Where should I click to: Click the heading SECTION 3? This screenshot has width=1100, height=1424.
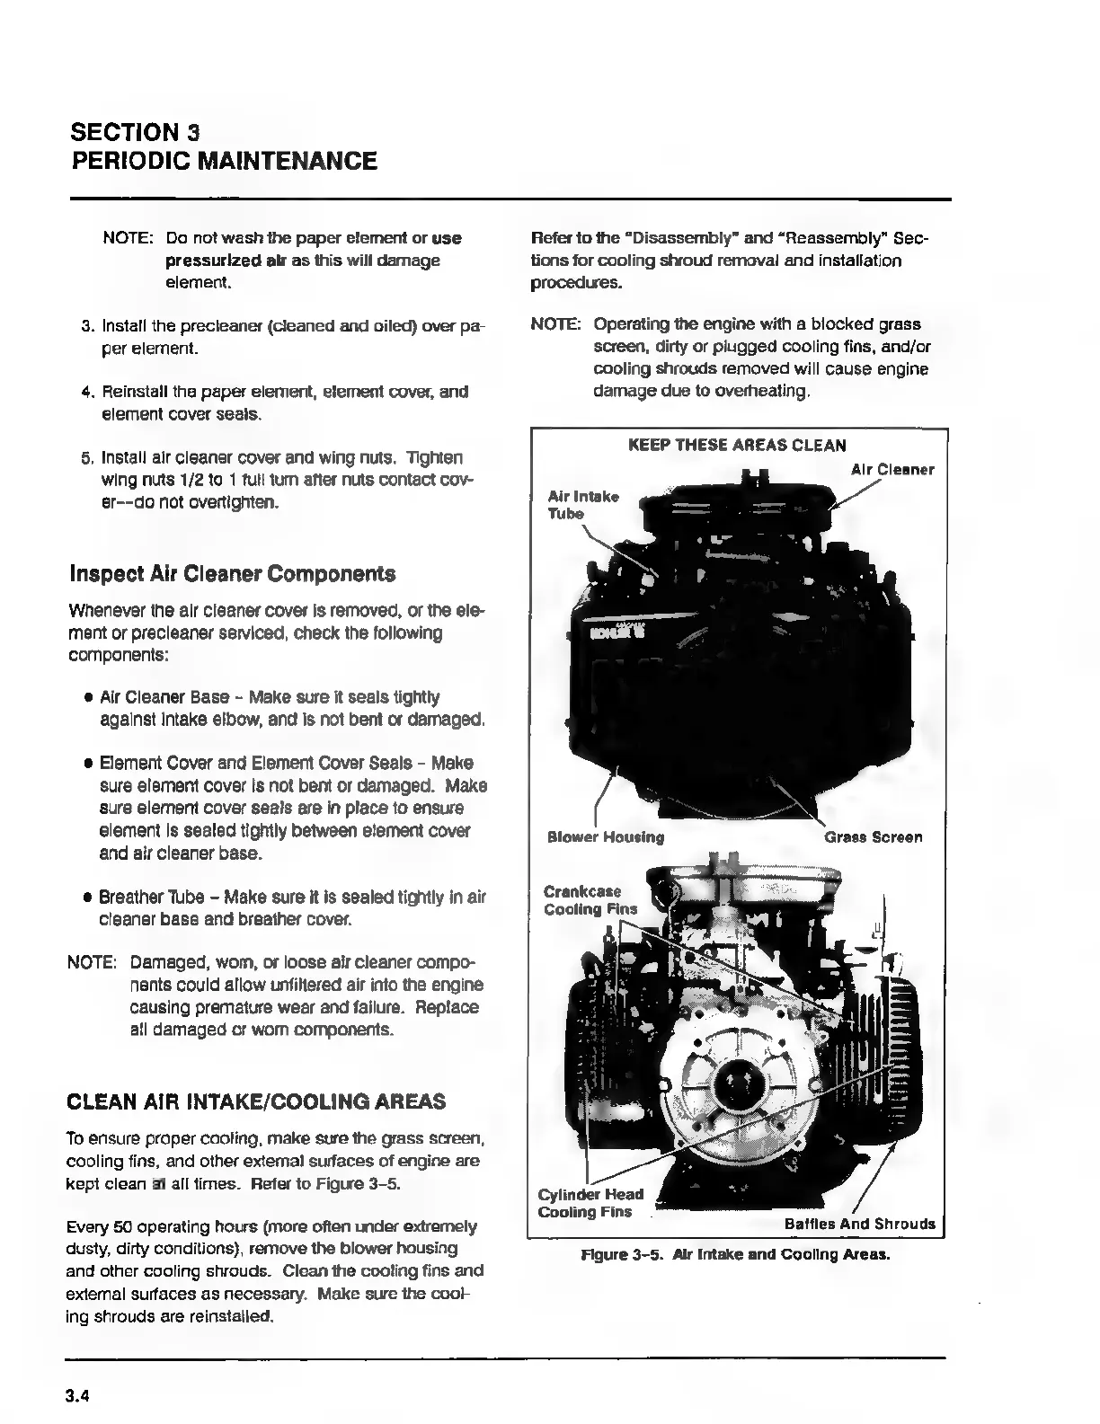coord(135,132)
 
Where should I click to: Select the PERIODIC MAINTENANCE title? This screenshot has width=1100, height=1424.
coord(224,162)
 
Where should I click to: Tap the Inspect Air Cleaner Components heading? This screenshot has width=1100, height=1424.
coord(232,574)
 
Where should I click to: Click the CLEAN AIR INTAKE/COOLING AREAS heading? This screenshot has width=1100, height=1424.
coord(257,1101)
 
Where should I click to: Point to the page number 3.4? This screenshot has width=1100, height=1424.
coord(78,1396)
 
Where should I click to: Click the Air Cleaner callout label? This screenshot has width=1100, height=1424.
coord(892,470)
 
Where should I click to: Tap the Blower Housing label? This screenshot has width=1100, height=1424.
coord(606,837)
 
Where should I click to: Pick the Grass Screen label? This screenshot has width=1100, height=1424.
coord(873,837)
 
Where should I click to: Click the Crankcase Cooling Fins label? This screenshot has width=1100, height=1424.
coord(590,900)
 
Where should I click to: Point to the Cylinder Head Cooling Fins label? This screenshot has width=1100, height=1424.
coord(590,1203)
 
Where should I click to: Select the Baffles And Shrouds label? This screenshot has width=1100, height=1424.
coord(859,1224)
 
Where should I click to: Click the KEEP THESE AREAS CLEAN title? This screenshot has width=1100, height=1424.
coord(736,445)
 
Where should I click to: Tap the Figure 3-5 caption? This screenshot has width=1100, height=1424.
coord(735,1254)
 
